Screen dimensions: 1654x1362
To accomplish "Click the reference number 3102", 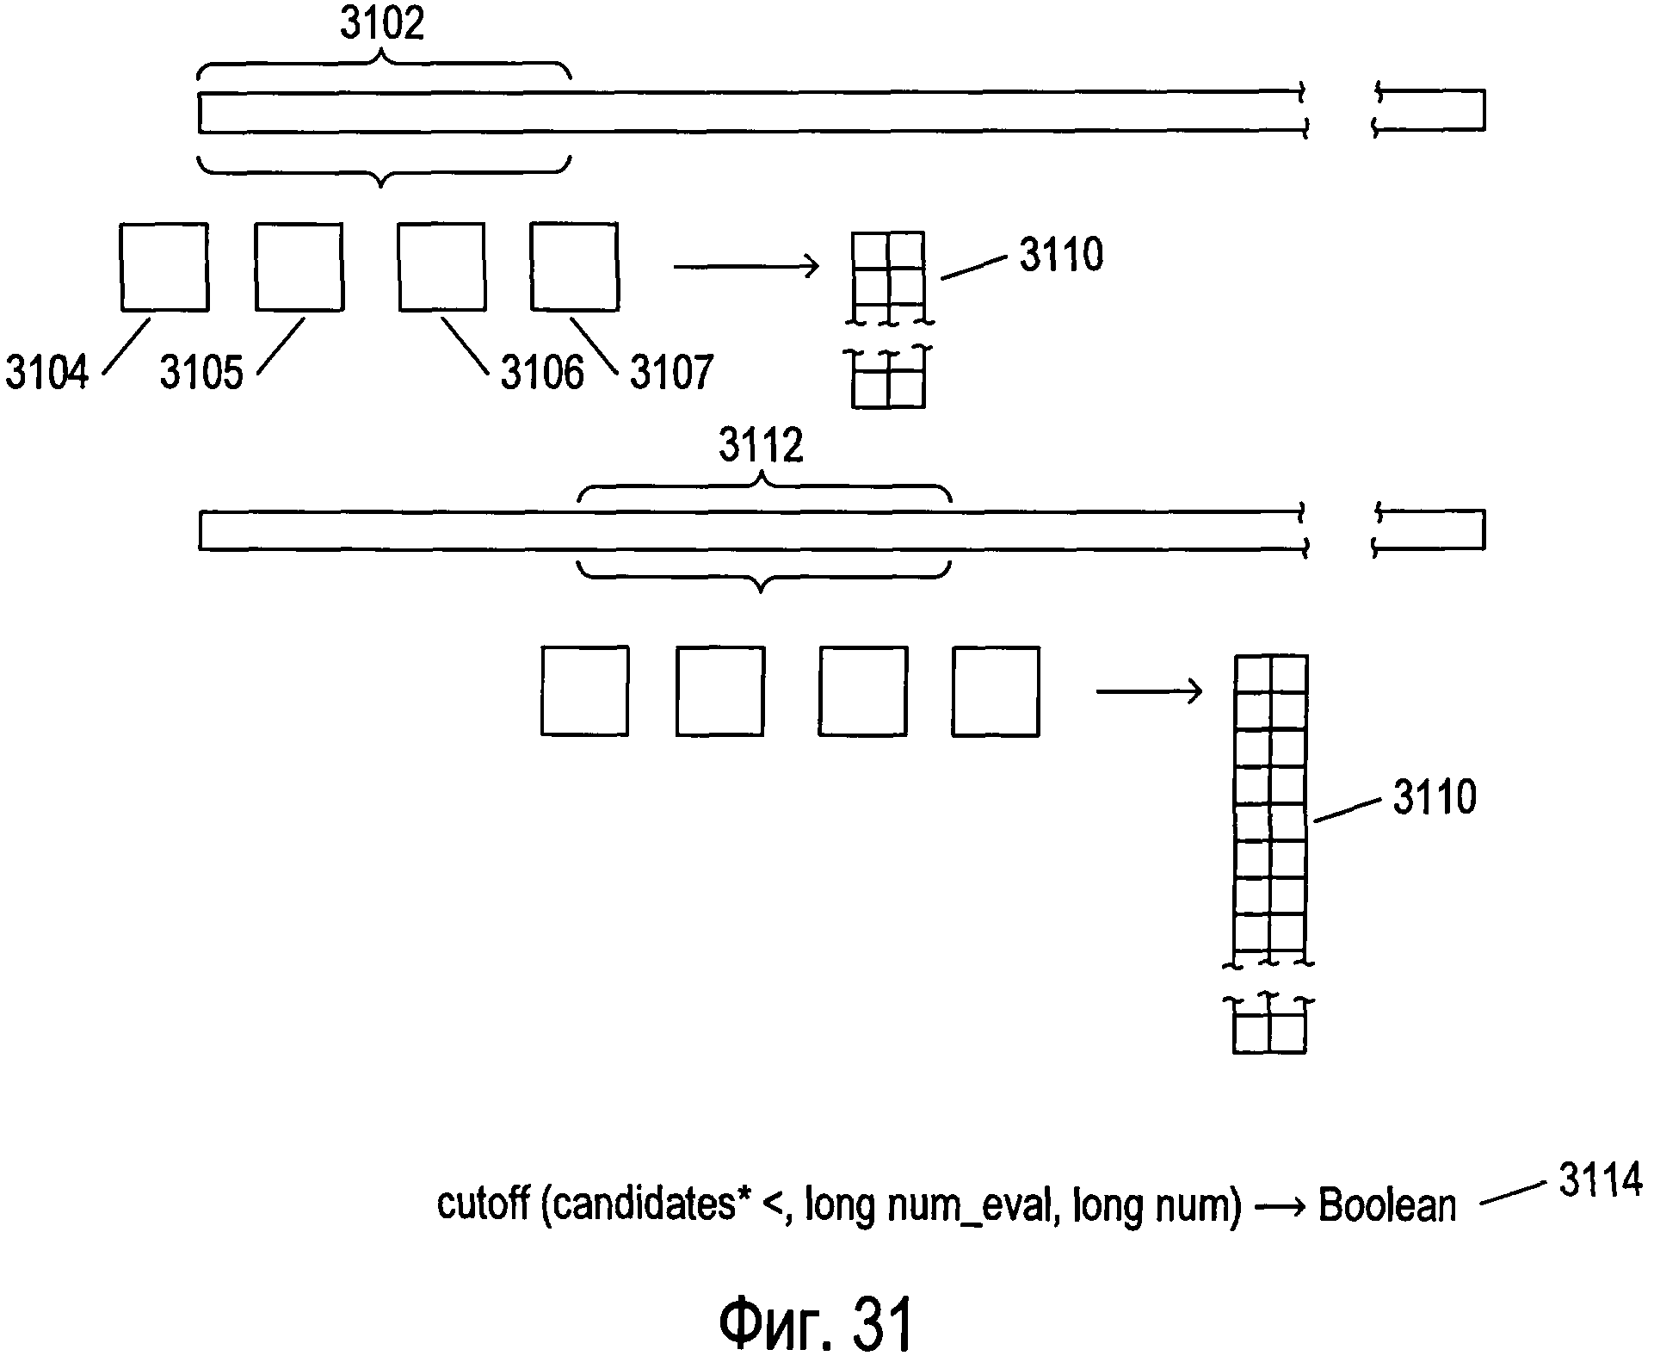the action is point(382,23).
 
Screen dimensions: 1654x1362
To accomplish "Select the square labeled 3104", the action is point(164,267).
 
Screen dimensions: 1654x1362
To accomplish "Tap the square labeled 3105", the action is point(299,267).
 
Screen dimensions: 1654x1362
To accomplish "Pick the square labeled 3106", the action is point(441,267).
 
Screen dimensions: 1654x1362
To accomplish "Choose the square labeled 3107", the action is point(574,267).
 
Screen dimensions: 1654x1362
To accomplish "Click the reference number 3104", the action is point(47,373).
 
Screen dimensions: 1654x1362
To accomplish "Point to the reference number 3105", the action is point(201,373).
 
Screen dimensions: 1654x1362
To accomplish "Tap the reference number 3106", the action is point(542,373).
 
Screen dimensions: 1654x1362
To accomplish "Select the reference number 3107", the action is point(671,373).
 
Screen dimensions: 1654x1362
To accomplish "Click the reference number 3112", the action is point(762,446).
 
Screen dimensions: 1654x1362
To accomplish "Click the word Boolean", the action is point(1387,1205).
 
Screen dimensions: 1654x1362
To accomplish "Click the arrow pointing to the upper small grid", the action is point(745,267).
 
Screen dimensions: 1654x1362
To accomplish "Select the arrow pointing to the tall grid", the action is point(1148,690).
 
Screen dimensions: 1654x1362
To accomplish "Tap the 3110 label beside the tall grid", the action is point(1435,797).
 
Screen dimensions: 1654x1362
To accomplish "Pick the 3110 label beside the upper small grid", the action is point(1061,255).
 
